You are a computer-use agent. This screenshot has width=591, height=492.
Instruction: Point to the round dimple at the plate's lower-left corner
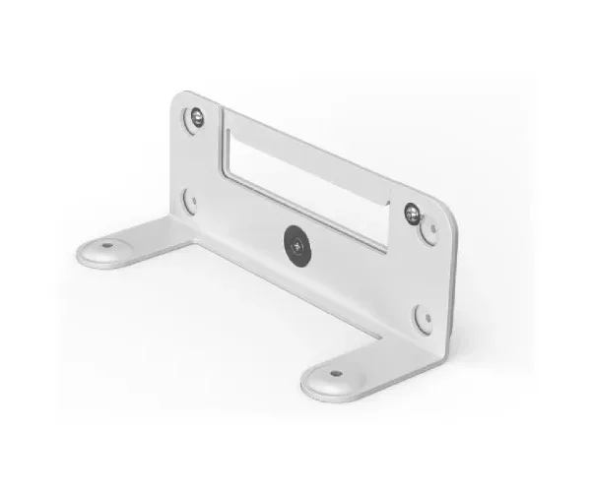coord(190,201)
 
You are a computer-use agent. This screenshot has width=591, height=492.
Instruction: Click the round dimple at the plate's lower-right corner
coord(423,317)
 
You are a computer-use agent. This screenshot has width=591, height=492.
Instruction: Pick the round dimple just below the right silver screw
coord(428,232)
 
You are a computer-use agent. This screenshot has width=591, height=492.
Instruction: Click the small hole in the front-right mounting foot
coord(335,375)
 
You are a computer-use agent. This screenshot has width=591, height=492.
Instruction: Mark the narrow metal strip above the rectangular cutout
coord(305,148)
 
